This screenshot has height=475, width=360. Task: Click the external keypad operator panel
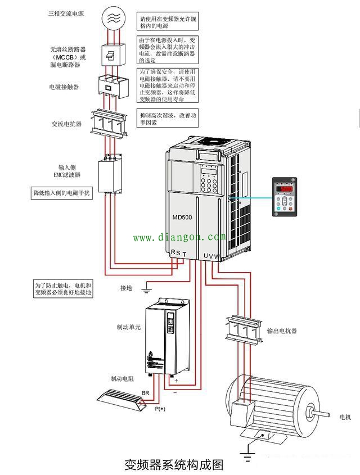coord(285,197)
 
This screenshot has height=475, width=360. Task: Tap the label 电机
coord(345,417)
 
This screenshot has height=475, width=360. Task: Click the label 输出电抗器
coord(282,331)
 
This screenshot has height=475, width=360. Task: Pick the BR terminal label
coord(145,392)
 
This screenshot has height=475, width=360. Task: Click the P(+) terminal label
coord(161,409)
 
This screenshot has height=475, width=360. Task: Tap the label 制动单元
coord(128,326)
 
